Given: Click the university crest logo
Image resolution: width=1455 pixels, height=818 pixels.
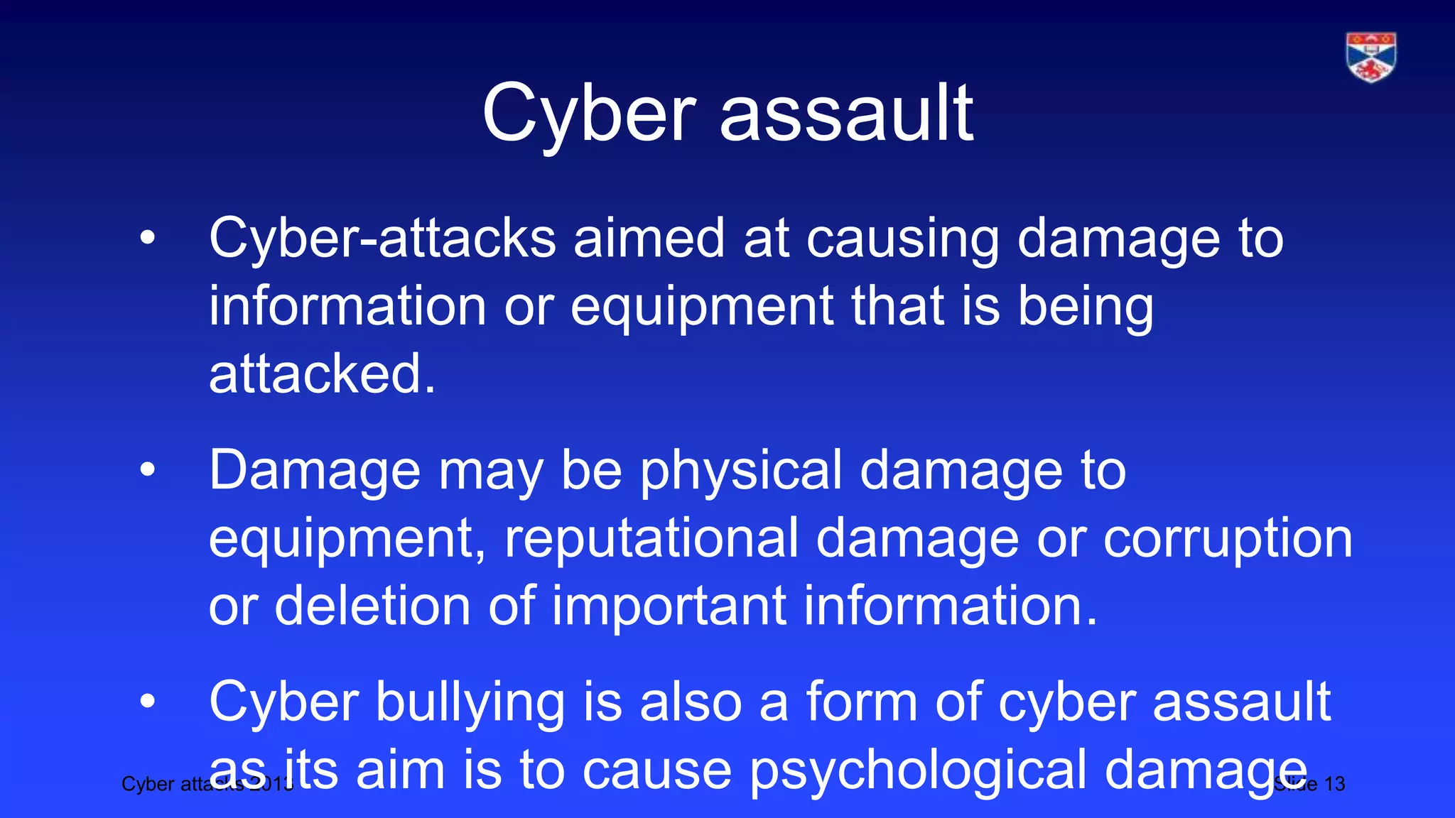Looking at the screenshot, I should coord(1370,57).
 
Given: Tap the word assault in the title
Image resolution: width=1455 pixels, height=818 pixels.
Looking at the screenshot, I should coord(846,114).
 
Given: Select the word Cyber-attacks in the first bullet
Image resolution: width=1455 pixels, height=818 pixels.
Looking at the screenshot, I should coord(382,239).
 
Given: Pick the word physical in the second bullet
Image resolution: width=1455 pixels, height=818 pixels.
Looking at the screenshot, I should coord(741,472).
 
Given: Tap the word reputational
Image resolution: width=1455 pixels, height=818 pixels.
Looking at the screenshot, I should coord(651,538).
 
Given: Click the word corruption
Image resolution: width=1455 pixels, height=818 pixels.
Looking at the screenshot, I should coord(1228,540).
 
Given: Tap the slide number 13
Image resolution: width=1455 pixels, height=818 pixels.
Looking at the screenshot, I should coord(1334,784).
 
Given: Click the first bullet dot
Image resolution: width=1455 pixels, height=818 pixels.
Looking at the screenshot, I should coord(147,239).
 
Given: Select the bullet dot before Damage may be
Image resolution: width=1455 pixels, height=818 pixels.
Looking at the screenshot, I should coord(147,470).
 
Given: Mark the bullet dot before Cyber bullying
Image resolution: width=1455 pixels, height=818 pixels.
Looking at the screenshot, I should coord(147,702).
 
